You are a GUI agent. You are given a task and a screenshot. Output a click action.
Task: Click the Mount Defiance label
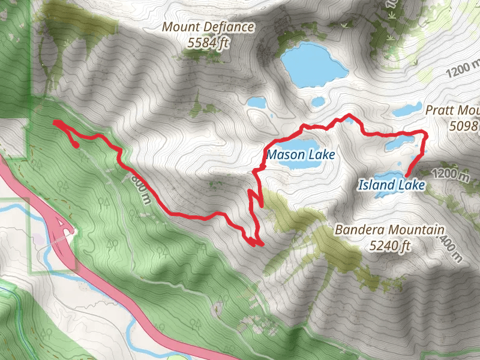coord(208,27)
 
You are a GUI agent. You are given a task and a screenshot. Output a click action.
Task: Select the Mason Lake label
coord(300,155)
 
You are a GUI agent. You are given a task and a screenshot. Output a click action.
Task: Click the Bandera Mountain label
coord(389,230)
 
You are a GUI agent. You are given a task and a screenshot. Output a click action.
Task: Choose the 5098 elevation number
coord(466,125)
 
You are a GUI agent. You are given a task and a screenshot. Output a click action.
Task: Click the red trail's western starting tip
coord(55,122)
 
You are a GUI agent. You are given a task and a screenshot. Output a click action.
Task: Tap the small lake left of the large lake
coord(256,103)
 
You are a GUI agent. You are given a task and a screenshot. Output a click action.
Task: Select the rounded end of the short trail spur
coord(76,145)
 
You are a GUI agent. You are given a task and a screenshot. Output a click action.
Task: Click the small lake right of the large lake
coord(318,102)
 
